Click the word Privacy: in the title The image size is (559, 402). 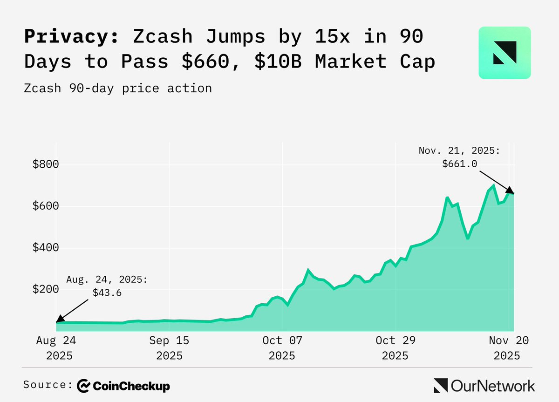point(71,37)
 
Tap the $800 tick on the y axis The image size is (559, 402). point(45,164)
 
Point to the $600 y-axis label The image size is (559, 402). point(45,206)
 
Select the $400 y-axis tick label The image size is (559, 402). point(45,247)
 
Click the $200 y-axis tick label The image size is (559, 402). point(45,289)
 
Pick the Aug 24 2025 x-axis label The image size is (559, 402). point(55,348)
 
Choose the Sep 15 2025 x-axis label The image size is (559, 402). point(169,348)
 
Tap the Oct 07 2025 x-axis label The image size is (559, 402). point(282,348)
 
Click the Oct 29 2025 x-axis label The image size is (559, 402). point(395,348)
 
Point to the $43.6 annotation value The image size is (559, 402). point(107,293)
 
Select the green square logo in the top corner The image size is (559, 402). point(504,53)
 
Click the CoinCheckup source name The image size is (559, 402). point(123,386)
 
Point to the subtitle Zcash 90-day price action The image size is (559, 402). point(118,88)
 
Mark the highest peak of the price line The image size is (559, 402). point(493,186)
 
